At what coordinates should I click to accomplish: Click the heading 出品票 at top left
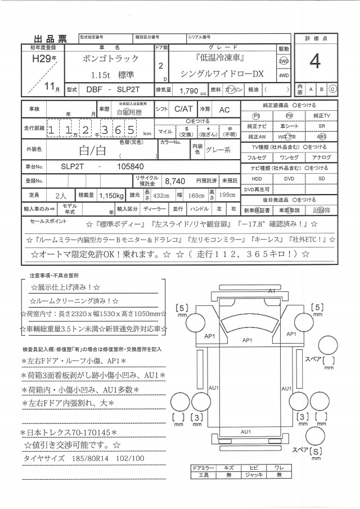click(51, 39)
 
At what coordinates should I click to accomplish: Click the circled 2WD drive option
click(283, 61)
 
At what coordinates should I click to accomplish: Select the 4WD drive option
click(283, 75)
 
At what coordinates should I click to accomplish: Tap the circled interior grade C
click(332, 89)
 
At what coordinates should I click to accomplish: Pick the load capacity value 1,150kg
click(111, 195)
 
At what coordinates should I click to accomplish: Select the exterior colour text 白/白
click(93, 149)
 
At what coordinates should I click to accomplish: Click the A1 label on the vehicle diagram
click(271, 291)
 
